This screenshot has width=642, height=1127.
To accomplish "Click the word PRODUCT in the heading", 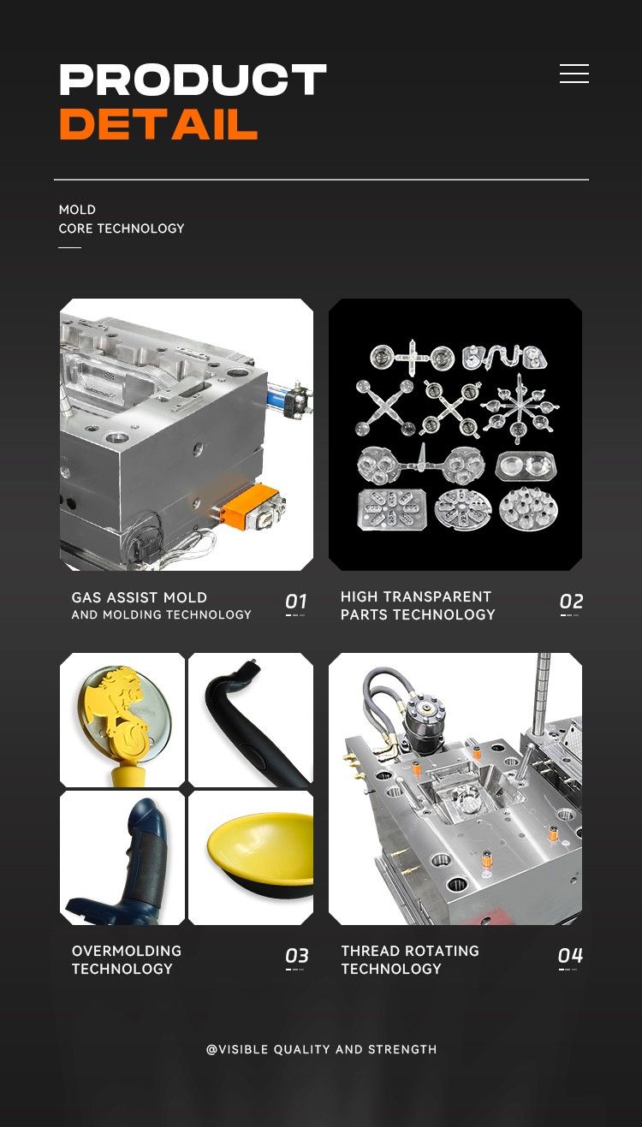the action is [x=193, y=80].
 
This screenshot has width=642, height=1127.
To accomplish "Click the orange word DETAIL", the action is [x=158, y=124].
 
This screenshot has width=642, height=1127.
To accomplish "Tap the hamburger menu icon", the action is [x=574, y=74].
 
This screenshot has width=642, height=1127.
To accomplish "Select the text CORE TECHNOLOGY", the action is [x=122, y=228].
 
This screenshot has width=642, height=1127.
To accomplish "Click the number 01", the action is [x=295, y=602].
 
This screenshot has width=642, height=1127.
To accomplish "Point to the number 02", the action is [x=571, y=602].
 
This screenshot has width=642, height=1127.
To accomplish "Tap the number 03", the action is [x=296, y=956].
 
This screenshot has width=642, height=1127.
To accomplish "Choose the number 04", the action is [x=570, y=955].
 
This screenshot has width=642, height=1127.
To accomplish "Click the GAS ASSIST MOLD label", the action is [x=140, y=597].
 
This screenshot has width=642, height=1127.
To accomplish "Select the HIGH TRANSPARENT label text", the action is [x=416, y=596].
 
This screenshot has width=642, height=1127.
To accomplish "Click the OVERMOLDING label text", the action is [x=127, y=951].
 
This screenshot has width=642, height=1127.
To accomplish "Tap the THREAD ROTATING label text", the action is [x=410, y=951].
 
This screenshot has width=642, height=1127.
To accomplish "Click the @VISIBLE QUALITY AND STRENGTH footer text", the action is [x=322, y=1049].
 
